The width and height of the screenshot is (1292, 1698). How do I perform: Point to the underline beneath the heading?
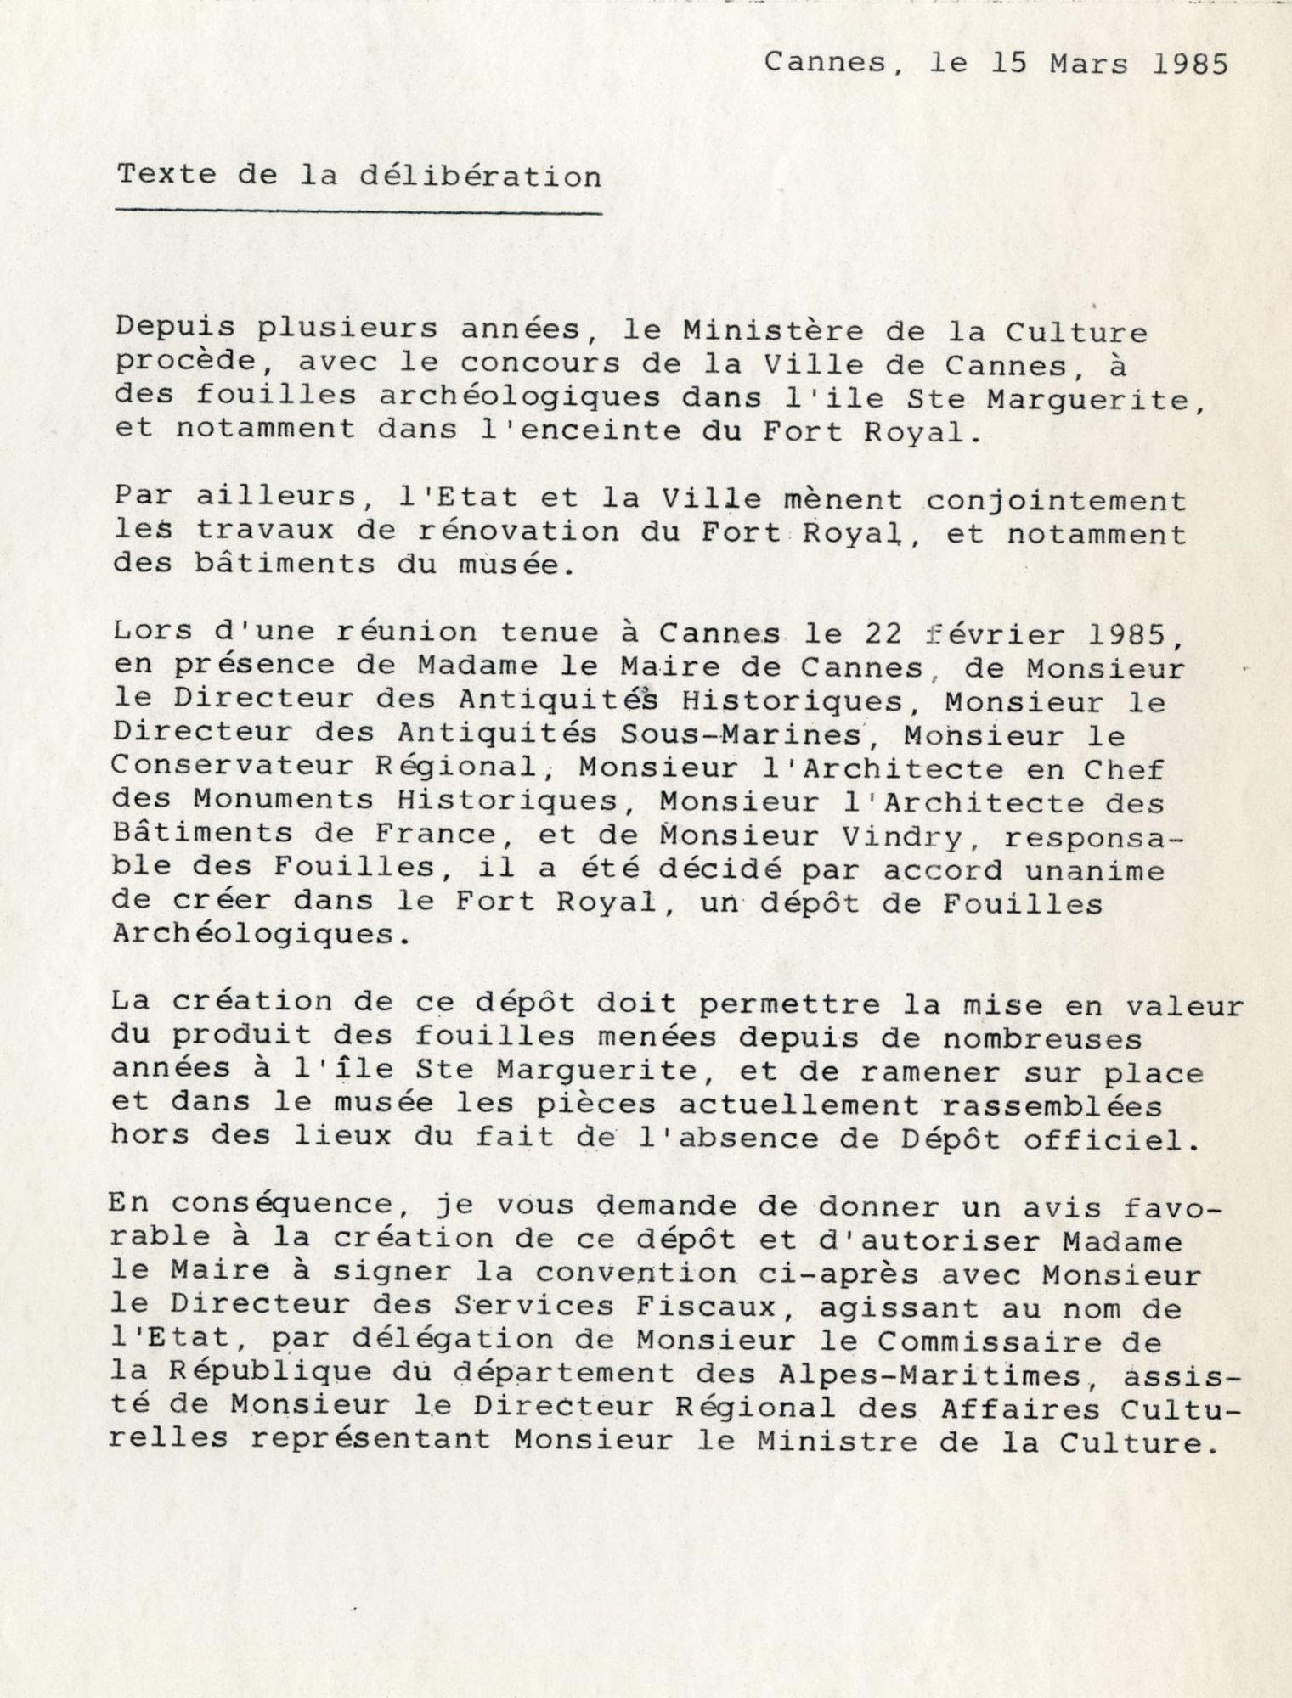click(x=358, y=210)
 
